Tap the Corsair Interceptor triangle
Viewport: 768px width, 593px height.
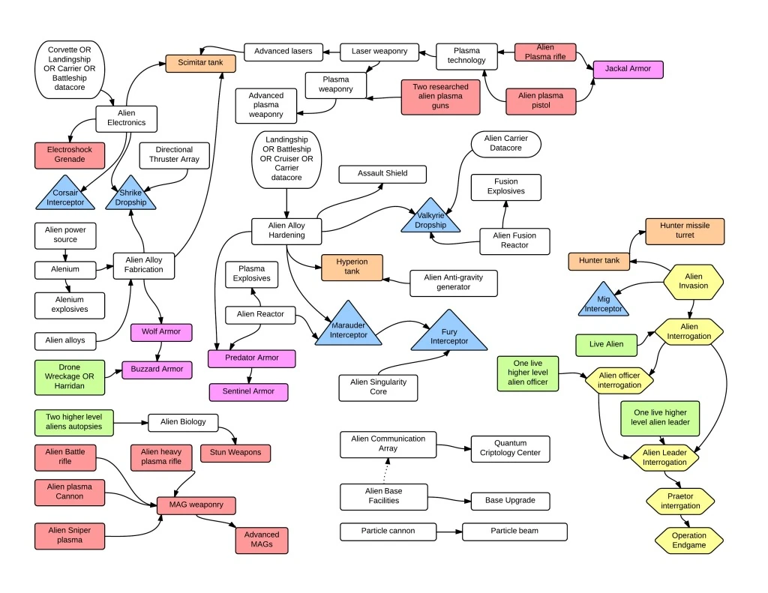pyautogui.click(x=64, y=197)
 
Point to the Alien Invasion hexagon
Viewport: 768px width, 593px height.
pyautogui.click(x=694, y=281)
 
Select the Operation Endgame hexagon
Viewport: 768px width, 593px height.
pyautogui.click(x=688, y=541)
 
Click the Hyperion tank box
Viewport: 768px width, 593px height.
pyautogui.click(x=352, y=267)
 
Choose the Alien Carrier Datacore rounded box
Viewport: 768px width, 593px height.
pyautogui.click(x=505, y=144)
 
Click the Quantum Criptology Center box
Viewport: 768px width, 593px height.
pyautogui.click(x=510, y=448)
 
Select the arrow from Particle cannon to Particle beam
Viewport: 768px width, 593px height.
pyautogui.click(x=448, y=532)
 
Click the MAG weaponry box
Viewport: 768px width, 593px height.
pyautogui.click(x=196, y=505)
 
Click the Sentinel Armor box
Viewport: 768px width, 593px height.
pyautogui.click(x=247, y=391)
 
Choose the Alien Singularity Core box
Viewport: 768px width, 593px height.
pyautogui.click(x=379, y=387)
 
